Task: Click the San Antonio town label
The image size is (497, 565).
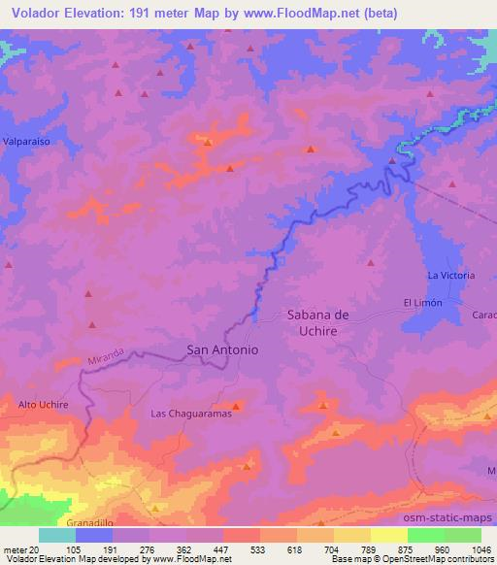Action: pos(221,350)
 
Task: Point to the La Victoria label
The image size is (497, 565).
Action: pos(451,276)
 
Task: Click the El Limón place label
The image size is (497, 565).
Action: pos(423,303)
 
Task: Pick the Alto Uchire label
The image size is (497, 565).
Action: pos(44,403)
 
